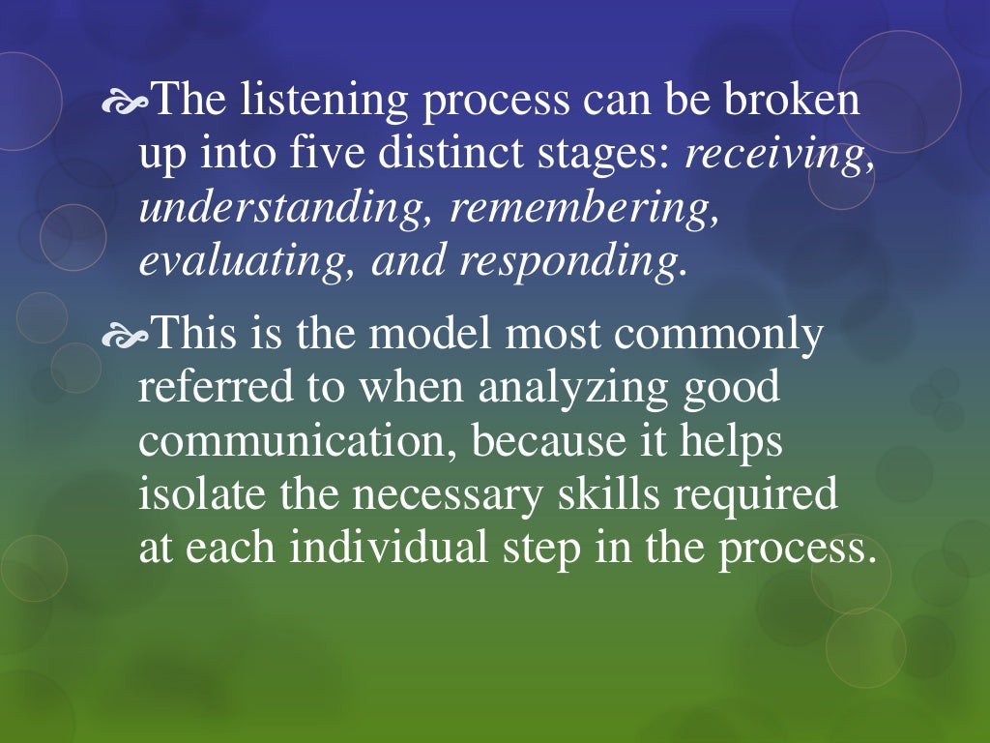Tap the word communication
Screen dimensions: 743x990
click(x=298, y=440)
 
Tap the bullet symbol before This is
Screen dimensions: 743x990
click(x=127, y=334)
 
